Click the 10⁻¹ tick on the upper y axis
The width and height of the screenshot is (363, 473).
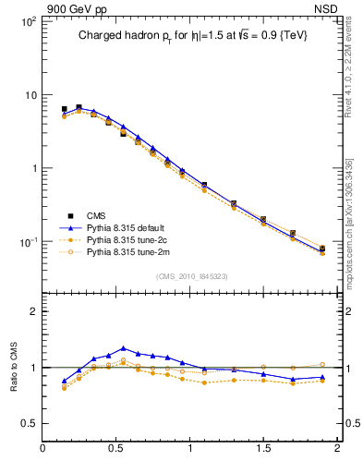click(x=27, y=242)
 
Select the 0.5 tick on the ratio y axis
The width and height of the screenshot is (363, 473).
click(x=29, y=423)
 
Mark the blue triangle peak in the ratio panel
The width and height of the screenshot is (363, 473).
click(x=124, y=348)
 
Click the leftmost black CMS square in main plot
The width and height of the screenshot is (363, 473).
click(x=64, y=109)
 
